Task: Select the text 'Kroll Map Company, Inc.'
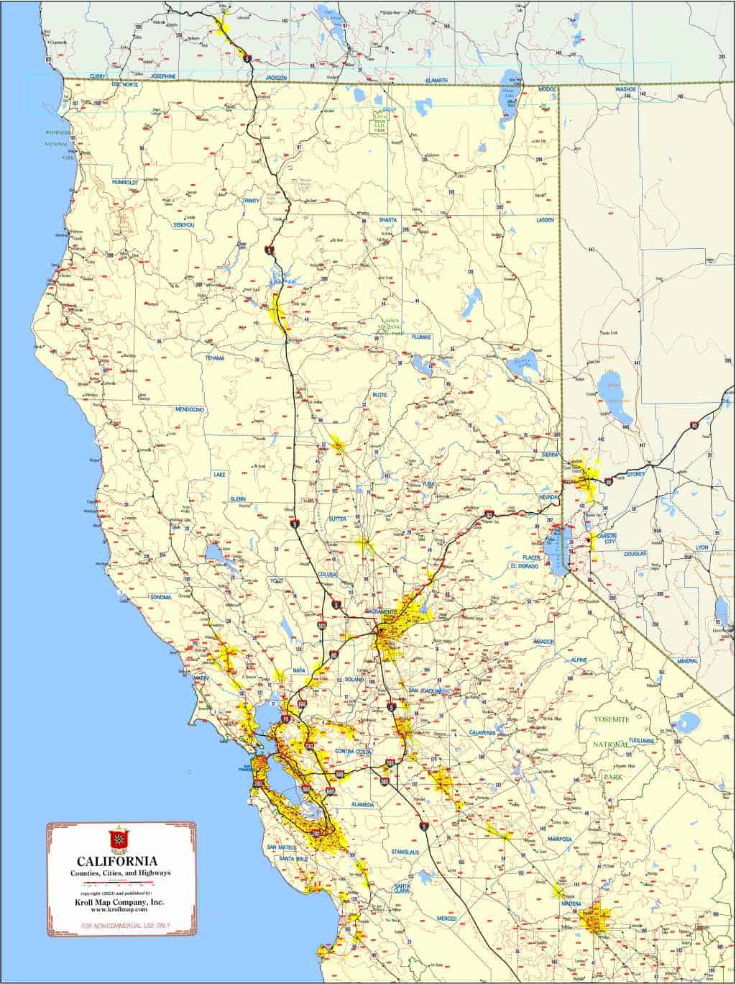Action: click(120, 902)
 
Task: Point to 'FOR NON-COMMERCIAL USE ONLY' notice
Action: click(120, 925)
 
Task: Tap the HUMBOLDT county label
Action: click(124, 183)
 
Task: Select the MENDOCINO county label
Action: click(190, 409)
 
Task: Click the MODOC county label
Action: click(547, 89)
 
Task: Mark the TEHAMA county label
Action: click(215, 357)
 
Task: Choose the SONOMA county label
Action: click(160, 597)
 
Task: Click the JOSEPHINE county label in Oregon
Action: click(163, 76)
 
